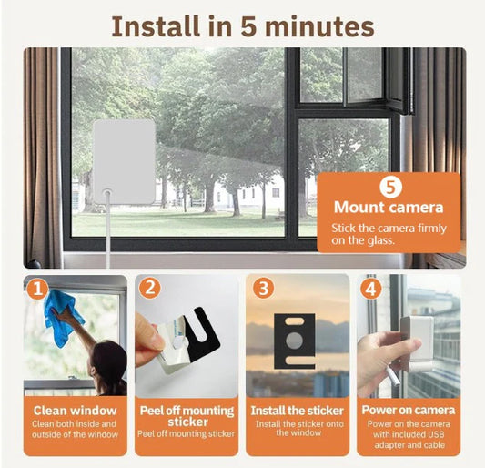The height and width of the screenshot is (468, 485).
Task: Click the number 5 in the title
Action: click(x=249, y=27)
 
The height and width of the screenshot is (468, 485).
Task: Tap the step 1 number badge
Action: click(x=37, y=290)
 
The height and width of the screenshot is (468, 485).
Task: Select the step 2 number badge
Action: click(x=150, y=288)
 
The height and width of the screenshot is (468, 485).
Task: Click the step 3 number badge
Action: click(x=264, y=288)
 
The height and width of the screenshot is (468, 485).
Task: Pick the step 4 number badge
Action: click(x=371, y=289)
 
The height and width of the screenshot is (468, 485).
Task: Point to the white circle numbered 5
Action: click(x=391, y=187)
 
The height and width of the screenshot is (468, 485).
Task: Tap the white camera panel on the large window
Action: click(x=125, y=162)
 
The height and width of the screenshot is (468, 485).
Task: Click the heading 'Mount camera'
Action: click(x=389, y=208)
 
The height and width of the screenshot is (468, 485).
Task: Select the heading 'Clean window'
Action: click(x=76, y=411)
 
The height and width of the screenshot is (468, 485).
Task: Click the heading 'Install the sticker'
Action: click(x=298, y=411)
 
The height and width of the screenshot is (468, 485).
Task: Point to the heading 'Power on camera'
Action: click(x=409, y=410)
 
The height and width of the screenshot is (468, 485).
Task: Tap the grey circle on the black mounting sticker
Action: click(x=295, y=341)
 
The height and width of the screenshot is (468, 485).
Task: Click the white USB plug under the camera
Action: click(x=393, y=375)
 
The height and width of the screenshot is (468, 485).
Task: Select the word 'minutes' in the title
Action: click(x=319, y=27)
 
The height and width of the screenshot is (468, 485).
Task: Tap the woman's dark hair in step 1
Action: click(x=109, y=365)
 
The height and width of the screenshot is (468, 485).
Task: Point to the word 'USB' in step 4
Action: click(x=436, y=434)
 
